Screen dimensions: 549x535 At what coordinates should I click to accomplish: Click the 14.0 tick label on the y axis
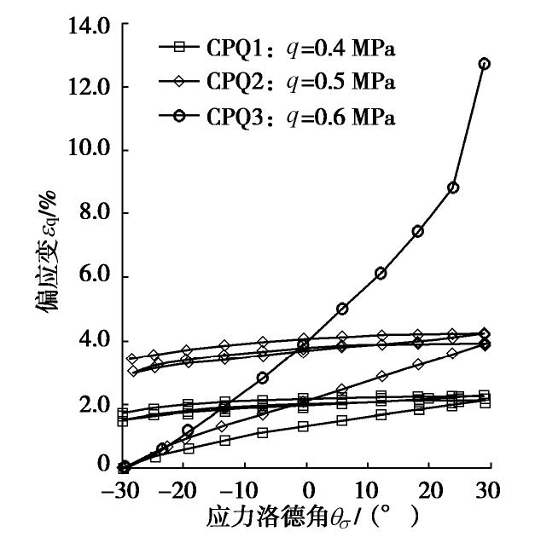(x=89, y=25)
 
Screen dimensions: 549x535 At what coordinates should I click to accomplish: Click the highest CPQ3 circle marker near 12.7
(x=485, y=64)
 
